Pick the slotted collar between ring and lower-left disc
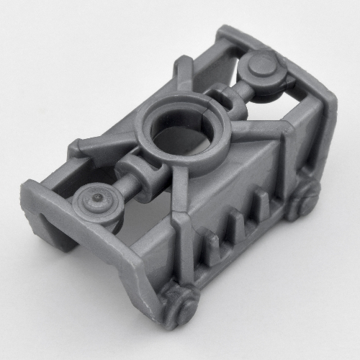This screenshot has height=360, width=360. click(147, 174)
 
